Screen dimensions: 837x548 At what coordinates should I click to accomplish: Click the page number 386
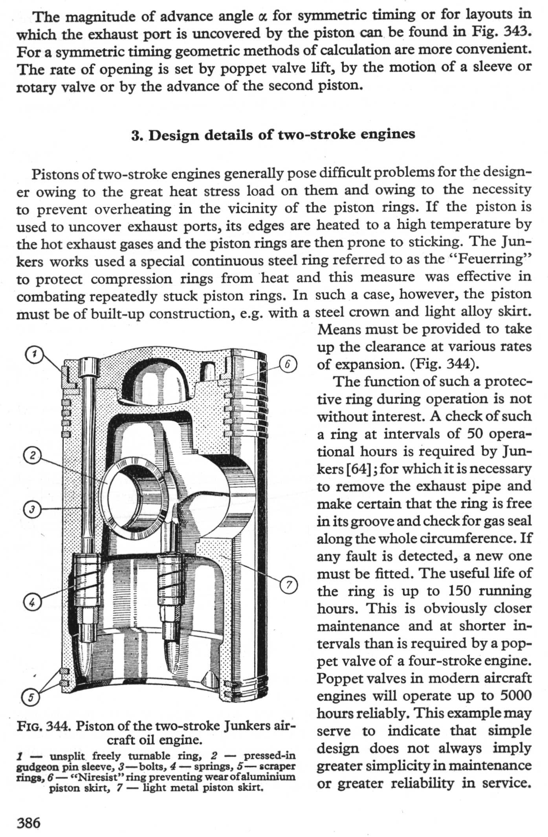point(28,822)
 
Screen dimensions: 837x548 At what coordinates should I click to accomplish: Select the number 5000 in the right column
point(515,696)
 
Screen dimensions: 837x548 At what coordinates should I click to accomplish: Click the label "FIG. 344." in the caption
point(43,726)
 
